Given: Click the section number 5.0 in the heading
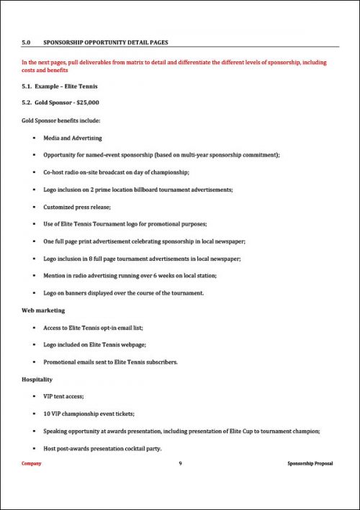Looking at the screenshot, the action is [27, 43].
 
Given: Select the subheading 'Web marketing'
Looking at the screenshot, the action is [43, 310].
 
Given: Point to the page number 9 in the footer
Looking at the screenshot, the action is [180, 463].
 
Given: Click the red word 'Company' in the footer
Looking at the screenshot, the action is [32, 463].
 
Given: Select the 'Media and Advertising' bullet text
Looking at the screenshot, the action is [72, 138].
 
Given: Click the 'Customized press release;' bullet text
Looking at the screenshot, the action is [76, 207].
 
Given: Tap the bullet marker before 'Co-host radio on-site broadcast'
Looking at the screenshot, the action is [35, 172].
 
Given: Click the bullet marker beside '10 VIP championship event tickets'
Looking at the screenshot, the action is [35, 413].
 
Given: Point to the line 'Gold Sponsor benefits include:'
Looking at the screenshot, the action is [61, 120].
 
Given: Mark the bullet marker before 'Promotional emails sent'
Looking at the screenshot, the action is [35, 362].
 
